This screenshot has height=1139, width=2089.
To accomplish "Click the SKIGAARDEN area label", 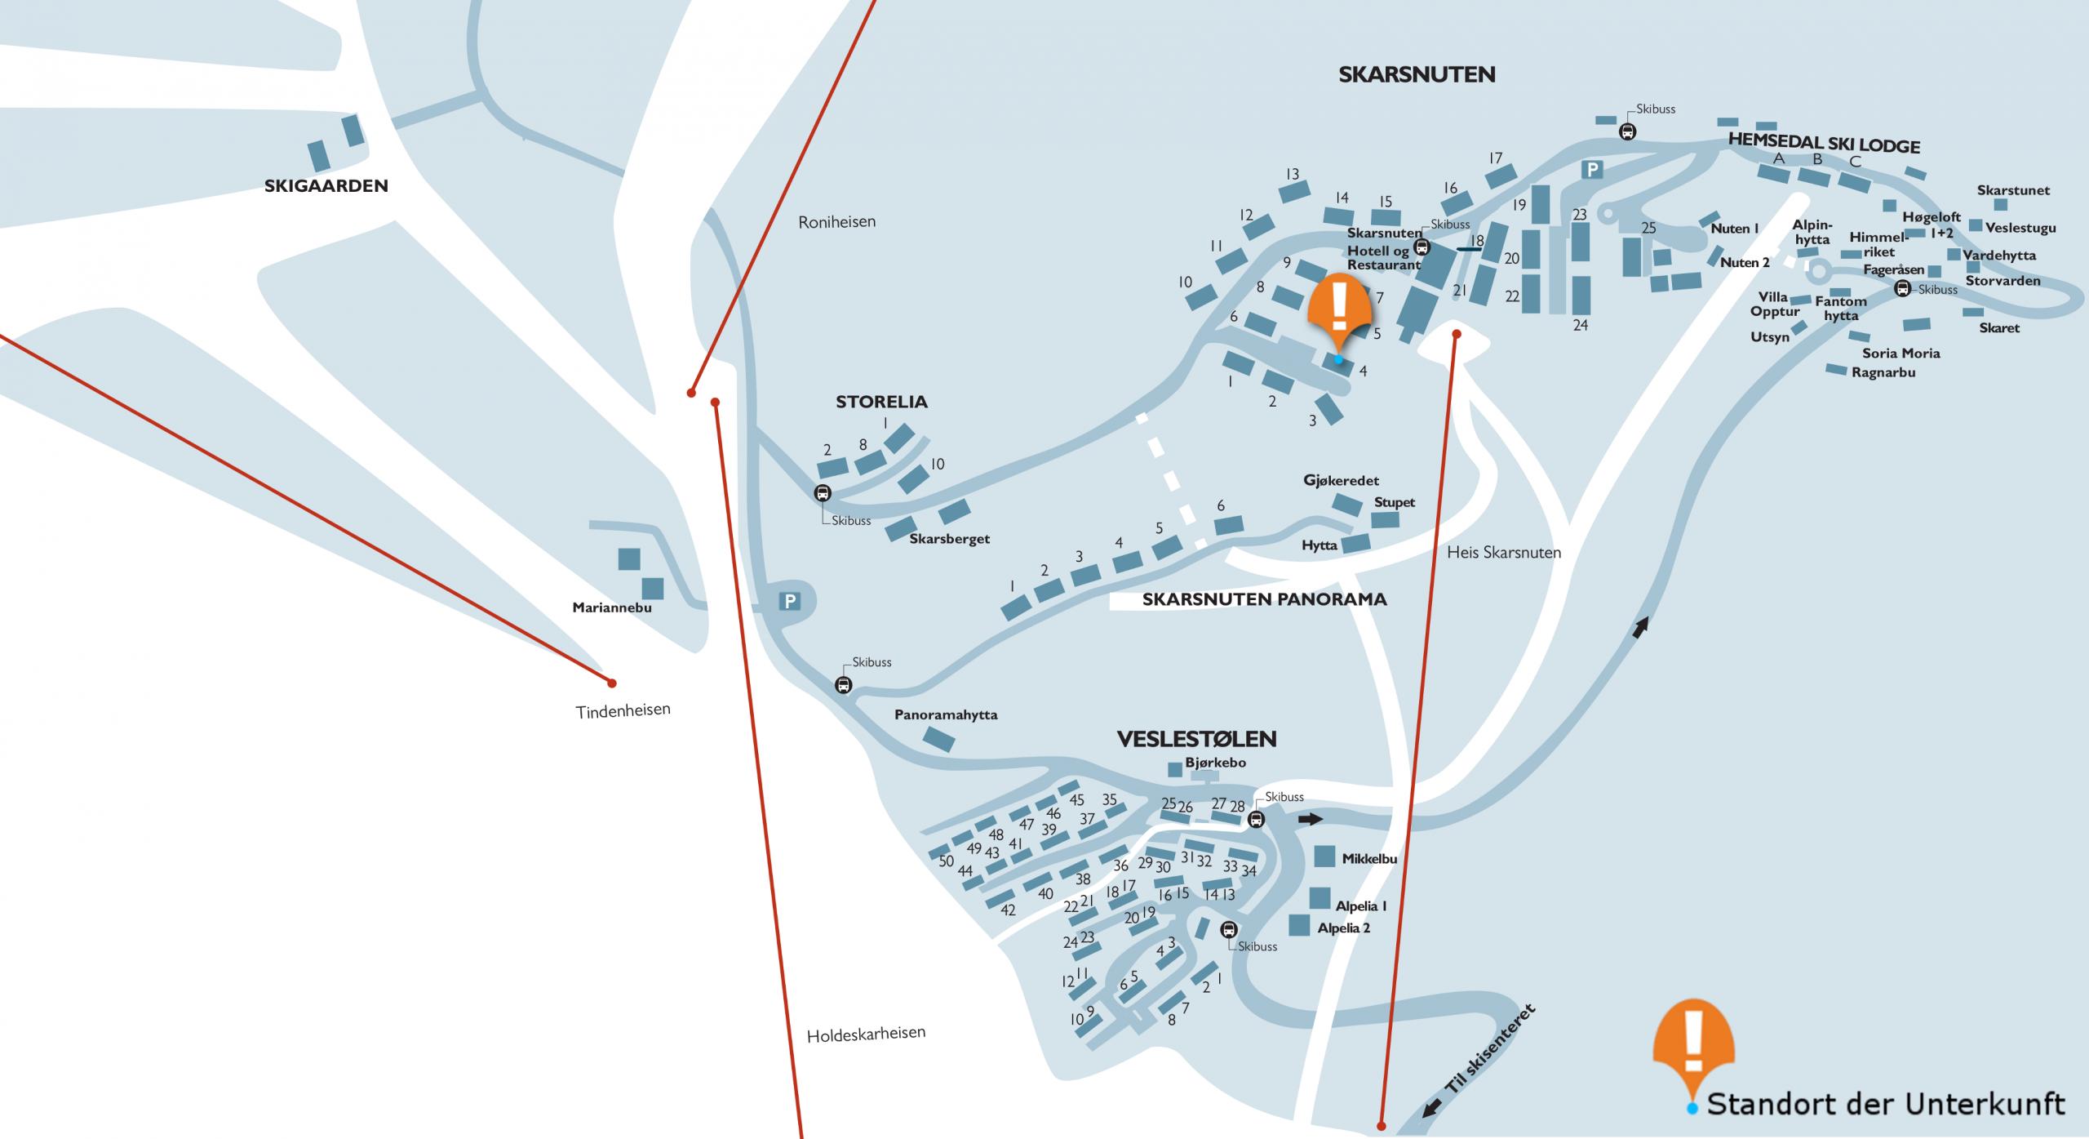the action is (x=326, y=186).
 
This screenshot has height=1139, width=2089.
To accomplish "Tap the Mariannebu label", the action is (x=612, y=607).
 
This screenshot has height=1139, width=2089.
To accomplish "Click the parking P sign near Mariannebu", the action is (x=789, y=602).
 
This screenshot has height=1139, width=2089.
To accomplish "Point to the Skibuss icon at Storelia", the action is (x=823, y=493).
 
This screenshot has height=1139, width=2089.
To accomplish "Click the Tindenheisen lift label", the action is (x=623, y=711).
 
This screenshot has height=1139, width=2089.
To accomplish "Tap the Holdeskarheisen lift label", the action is (x=866, y=1034).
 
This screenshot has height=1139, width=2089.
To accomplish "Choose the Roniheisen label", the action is (x=837, y=221).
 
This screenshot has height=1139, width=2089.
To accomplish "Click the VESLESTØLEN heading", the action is (x=1196, y=739).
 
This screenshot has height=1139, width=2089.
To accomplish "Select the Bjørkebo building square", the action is (x=1175, y=769).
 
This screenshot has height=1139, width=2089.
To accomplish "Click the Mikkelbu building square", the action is (x=1325, y=856).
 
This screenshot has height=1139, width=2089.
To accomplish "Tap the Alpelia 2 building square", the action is (x=1299, y=925).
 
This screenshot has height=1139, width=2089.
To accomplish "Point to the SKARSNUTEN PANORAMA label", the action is (x=1264, y=599).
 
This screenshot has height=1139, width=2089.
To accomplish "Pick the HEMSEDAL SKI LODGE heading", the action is (x=1824, y=144).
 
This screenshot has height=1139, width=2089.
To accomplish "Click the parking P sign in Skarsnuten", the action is (x=1591, y=170).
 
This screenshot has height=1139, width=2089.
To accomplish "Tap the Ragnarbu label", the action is (x=1883, y=372).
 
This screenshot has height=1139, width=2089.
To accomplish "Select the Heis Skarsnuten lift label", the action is (x=1504, y=553).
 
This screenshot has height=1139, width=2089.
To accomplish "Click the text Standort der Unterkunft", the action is (x=1887, y=1104).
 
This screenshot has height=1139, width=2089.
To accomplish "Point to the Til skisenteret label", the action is (x=1490, y=1049).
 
